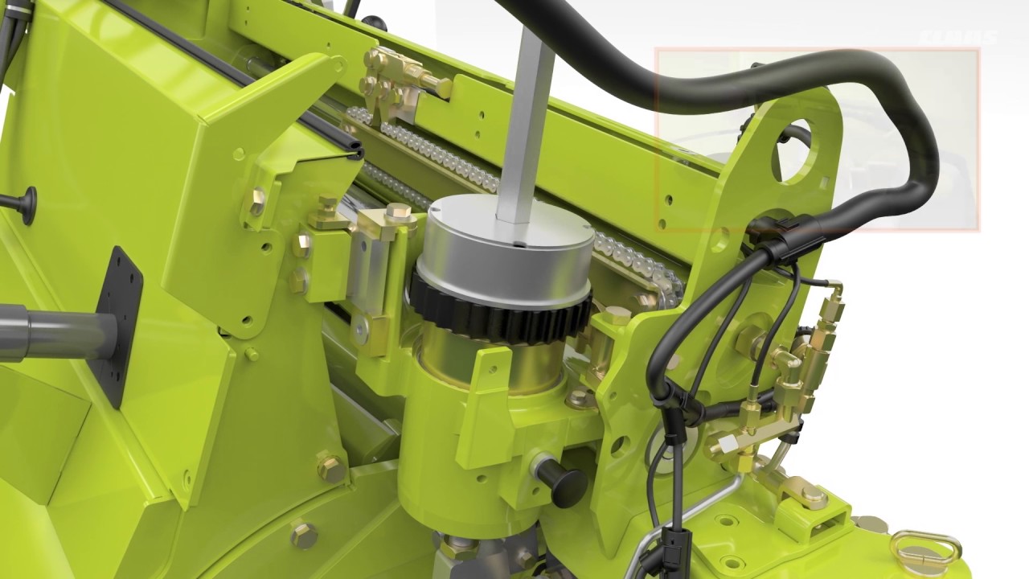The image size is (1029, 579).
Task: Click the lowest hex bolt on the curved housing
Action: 304,535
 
